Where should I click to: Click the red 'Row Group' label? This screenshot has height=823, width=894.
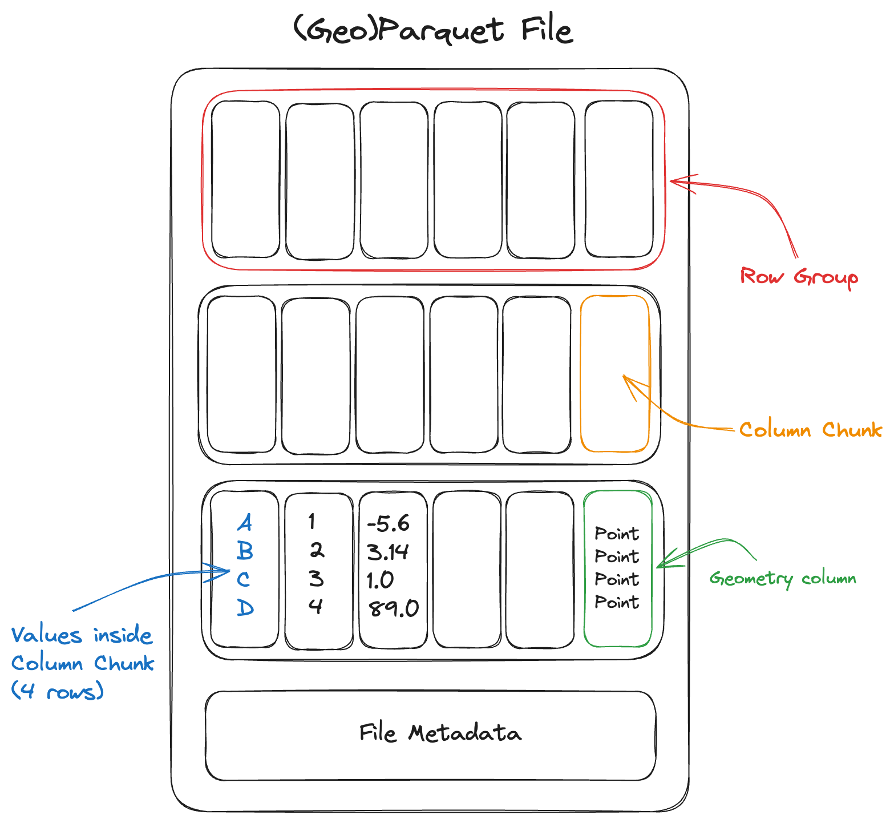tap(799, 277)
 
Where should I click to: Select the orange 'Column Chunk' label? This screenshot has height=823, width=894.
tap(810, 429)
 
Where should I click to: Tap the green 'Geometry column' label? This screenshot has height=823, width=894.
tap(783, 579)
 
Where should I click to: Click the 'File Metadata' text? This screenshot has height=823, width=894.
tap(440, 733)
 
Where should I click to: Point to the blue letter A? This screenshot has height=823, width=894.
tap(245, 522)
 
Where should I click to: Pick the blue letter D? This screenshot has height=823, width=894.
tap(245, 607)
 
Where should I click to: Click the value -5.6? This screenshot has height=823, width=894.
tap(389, 523)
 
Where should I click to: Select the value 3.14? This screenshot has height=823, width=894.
tap(388, 552)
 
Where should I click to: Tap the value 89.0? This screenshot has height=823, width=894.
tap(394, 608)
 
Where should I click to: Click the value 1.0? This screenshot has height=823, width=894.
tap(380, 580)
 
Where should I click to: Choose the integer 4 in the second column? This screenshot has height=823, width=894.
tap(315, 606)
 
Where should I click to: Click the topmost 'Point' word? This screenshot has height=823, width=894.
tap(617, 534)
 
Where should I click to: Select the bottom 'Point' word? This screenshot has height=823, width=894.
tap(617, 602)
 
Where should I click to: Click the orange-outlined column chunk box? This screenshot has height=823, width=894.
tap(615, 342)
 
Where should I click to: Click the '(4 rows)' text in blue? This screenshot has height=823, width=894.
tap(58, 691)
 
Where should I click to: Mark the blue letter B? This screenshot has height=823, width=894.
tap(245, 551)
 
